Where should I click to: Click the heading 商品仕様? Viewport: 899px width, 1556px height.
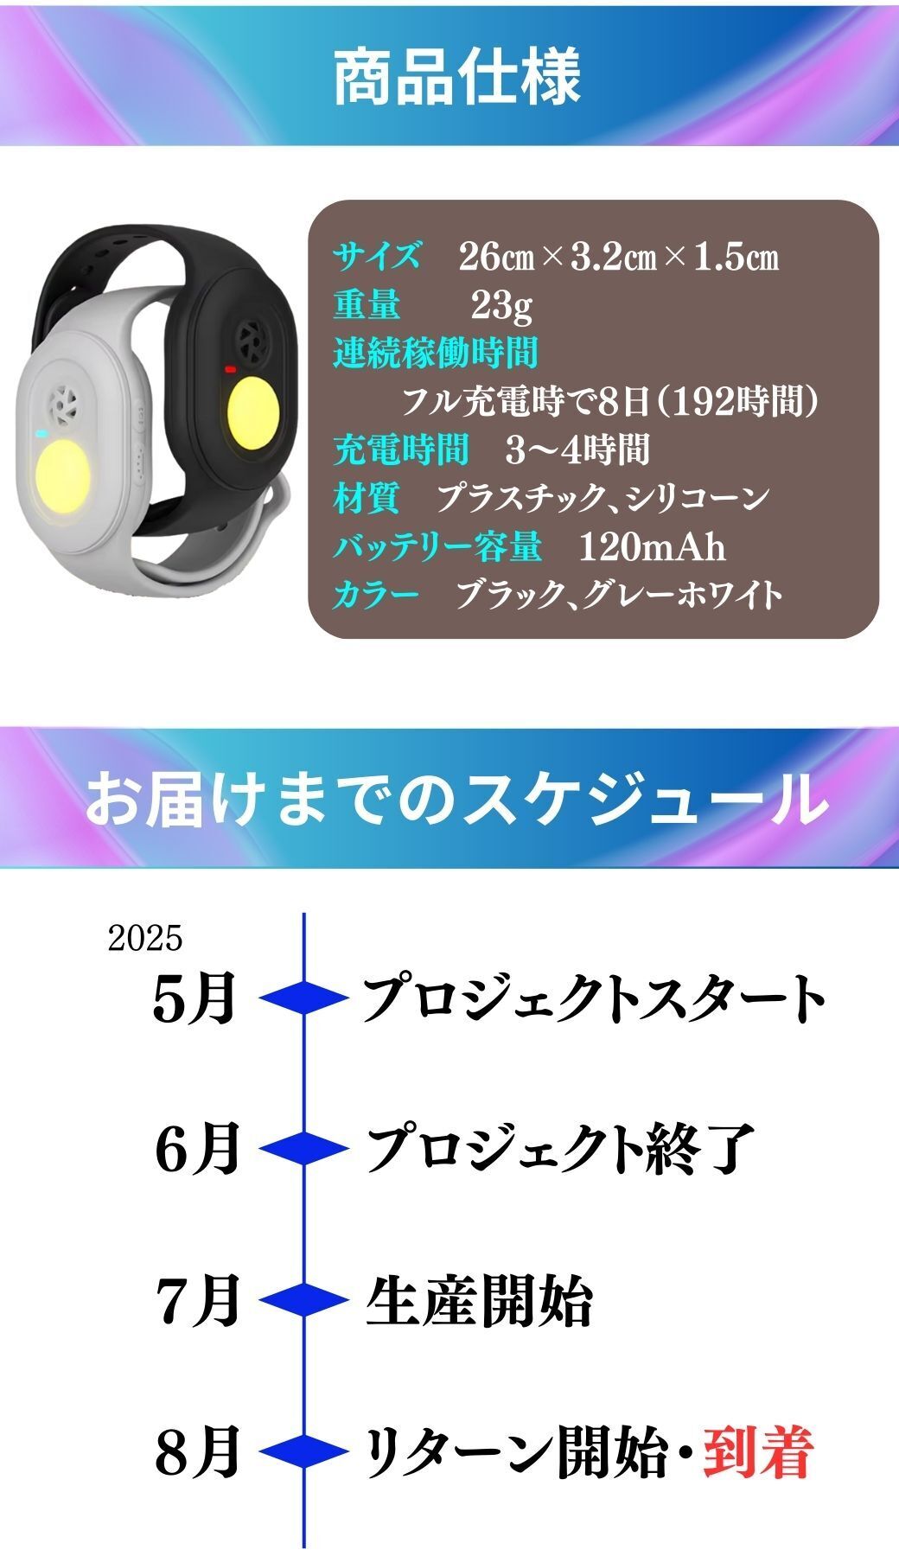(x=456, y=77)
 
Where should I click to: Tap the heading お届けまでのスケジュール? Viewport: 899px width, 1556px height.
(x=456, y=798)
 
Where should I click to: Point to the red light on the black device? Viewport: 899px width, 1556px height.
(x=230, y=369)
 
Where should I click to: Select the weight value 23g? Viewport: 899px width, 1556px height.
(x=501, y=305)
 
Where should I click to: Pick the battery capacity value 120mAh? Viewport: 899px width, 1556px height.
(x=652, y=547)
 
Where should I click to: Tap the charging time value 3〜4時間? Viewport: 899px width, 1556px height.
(x=578, y=450)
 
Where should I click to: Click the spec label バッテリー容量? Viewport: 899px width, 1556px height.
(x=438, y=547)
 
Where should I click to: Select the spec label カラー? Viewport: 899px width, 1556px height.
(x=376, y=595)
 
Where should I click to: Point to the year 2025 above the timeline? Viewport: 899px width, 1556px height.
(x=145, y=938)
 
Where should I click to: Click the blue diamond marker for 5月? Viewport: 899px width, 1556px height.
(x=303, y=999)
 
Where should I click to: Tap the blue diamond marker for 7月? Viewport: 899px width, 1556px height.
(x=303, y=1300)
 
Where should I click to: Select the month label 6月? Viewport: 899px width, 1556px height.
(x=197, y=1149)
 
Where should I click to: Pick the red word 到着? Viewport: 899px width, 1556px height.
(x=758, y=1452)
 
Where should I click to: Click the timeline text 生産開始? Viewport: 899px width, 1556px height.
(x=479, y=1301)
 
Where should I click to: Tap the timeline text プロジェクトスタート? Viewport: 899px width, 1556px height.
(x=594, y=999)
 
